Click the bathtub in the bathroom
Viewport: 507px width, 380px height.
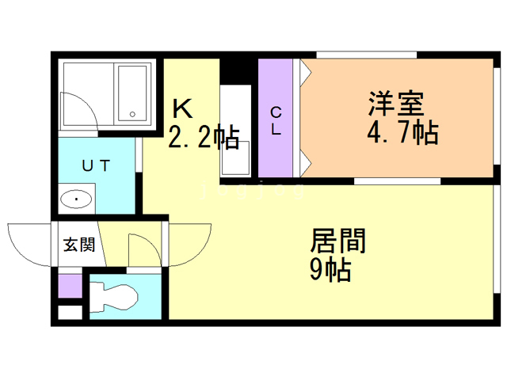tap(132, 93)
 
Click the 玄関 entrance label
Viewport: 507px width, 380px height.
tap(79, 245)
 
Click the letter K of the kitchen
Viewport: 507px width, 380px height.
tap(181, 108)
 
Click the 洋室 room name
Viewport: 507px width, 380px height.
tap(395, 104)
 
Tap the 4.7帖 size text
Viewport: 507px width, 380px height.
tap(402, 132)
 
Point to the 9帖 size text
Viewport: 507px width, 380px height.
tap(330, 270)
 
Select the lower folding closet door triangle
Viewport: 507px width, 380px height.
tap(304, 165)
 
